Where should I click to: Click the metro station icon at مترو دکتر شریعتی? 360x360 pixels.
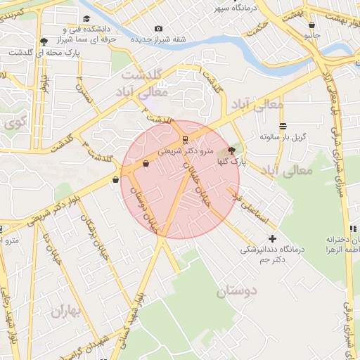point(185,139)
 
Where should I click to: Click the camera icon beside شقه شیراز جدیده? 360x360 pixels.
point(158,28)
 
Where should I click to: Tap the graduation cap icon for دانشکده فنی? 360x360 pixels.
point(86,19)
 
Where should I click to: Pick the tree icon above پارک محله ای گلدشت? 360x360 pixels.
point(45,41)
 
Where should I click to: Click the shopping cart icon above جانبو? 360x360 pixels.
point(311,25)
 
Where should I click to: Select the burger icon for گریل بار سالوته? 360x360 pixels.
point(283,127)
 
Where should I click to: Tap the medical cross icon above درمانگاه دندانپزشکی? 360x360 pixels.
point(273,238)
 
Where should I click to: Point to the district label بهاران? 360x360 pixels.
point(66,310)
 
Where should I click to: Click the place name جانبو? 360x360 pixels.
point(311,34)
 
